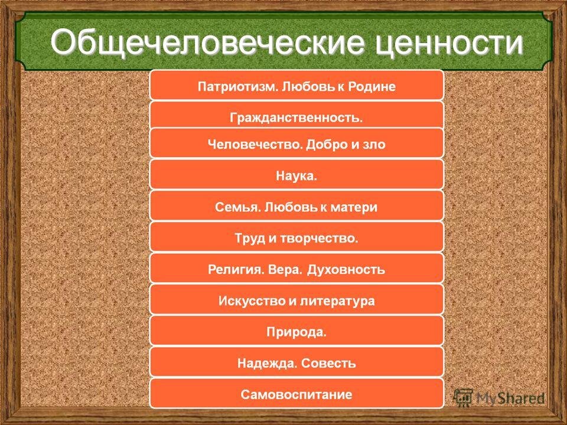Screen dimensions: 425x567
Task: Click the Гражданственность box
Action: (x=296, y=117)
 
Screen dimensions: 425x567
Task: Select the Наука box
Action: (x=296, y=175)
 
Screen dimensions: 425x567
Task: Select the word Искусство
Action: (x=248, y=301)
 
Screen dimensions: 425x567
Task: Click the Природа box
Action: (x=296, y=332)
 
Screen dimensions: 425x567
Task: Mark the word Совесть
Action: (x=329, y=363)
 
